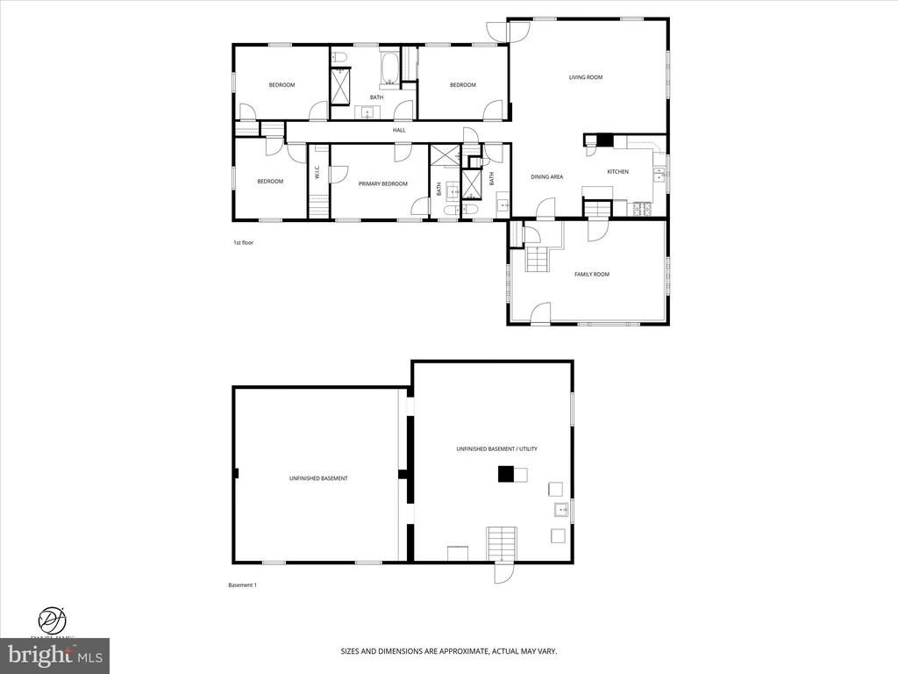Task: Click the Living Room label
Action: [586, 77]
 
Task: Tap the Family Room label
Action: [592, 275]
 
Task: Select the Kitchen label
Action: [618, 171]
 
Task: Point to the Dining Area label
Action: [546, 177]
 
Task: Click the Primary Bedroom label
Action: [383, 183]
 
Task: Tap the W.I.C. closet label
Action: [317, 174]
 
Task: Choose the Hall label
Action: [399, 131]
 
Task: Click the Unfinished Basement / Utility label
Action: [496, 448]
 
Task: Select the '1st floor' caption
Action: [243, 242]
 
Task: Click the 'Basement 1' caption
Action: [242, 584]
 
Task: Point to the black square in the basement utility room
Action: [505, 474]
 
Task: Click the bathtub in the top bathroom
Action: [390, 68]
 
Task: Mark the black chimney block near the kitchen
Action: [604, 140]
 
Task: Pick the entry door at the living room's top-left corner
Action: [517, 30]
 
